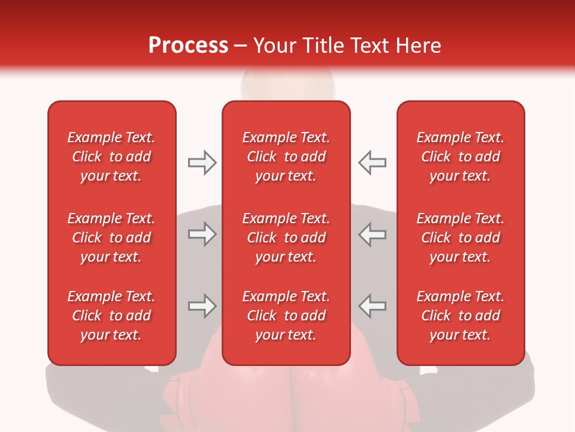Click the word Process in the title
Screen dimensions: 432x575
[x=188, y=46]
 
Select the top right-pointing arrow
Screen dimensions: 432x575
[x=202, y=162]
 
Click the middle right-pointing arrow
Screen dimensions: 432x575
[x=202, y=234]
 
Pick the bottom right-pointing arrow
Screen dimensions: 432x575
[x=202, y=306]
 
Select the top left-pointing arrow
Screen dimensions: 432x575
[x=373, y=162]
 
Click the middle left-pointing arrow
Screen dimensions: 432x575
[x=373, y=234]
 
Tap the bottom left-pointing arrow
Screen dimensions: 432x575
[x=373, y=306]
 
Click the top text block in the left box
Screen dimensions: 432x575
[x=111, y=157]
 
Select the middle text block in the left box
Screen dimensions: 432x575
[x=111, y=238]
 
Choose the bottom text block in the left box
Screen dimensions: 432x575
[x=111, y=316]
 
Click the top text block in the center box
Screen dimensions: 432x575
[x=286, y=157]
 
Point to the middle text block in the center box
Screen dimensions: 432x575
[x=286, y=238]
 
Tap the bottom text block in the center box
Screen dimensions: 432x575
[x=286, y=316]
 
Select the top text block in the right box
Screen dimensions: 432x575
[x=461, y=157]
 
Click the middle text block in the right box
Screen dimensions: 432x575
[x=461, y=238]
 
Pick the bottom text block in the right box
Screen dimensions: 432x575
[x=461, y=316]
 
